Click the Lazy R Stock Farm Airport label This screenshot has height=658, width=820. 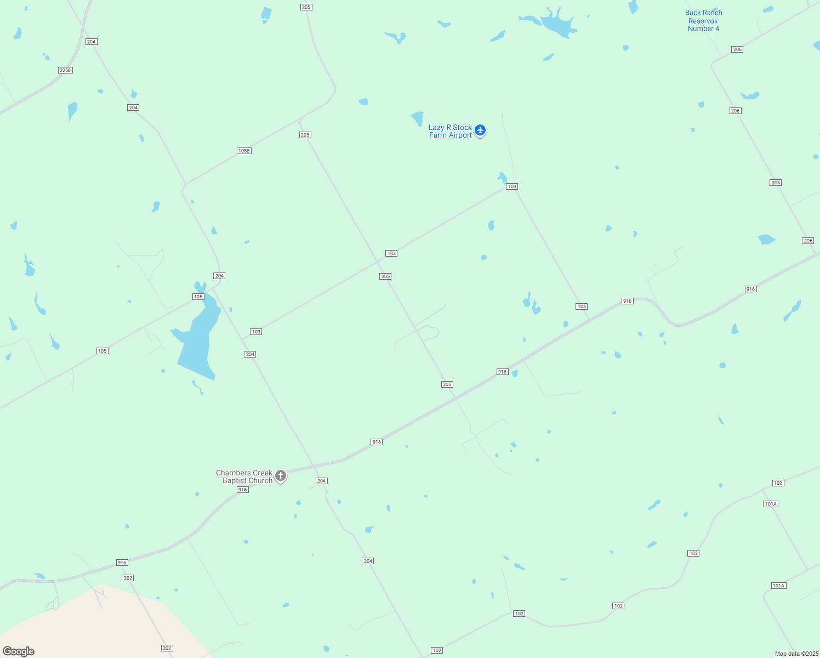coord(450,131)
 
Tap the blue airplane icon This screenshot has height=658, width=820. coord(480,131)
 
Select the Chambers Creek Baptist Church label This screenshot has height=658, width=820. coord(244,477)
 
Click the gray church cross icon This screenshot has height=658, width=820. coord(281,475)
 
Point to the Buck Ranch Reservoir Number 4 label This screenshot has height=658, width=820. coord(704,21)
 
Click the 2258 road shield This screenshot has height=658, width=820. coord(65,70)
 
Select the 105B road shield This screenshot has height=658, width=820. coord(244,151)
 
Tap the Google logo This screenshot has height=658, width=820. coord(19,651)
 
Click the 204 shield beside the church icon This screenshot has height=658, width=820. coord(321,481)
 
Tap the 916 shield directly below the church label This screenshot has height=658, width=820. coord(243,490)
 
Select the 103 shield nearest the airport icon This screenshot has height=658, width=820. coord(512,186)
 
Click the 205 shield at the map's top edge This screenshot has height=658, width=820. coord(306,7)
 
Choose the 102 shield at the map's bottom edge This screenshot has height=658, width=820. coord(437,650)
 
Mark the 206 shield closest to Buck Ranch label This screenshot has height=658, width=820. coord(737,49)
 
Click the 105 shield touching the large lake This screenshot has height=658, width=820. coord(198,297)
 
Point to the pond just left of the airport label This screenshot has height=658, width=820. coord(418,118)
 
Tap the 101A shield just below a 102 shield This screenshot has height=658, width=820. coord(771,504)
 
